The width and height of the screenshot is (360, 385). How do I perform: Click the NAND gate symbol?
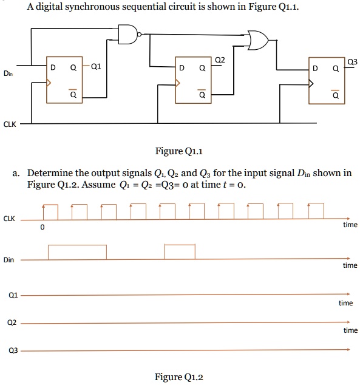[129, 35]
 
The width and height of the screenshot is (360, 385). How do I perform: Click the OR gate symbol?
[258, 41]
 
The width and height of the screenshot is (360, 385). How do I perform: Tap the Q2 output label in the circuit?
[220, 60]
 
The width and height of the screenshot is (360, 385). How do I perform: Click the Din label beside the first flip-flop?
[7, 73]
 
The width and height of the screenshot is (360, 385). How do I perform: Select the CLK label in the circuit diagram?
[10, 124]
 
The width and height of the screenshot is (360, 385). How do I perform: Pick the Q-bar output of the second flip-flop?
[201, 95]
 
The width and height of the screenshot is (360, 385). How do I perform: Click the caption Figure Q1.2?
[179, 376]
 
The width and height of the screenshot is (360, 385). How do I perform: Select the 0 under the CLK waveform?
[42, 228]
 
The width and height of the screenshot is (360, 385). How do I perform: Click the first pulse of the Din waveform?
[77, 252]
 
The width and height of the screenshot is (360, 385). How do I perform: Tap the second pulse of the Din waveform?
[180, 252]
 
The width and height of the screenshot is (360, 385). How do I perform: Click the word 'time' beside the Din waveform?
[350, 265]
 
